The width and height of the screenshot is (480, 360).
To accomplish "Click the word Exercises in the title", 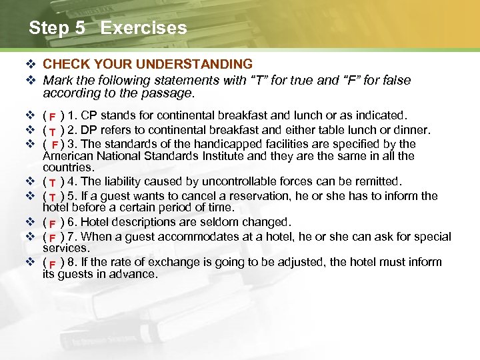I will pyautogui.click(x=143, y=28).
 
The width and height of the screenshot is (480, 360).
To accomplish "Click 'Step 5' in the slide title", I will pyautogui.click(x=58, y=28).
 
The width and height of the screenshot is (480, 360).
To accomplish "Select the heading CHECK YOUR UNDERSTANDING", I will pyautogui.click(x=147, y=64).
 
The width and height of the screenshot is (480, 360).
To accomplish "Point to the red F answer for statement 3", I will pyautogui.click(x=55, y=145).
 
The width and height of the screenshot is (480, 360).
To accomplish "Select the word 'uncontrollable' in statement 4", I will pyautogui.click(x=244, y=182).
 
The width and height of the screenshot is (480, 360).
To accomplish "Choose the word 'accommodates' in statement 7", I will pyautogui.click(x=201, y=237).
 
